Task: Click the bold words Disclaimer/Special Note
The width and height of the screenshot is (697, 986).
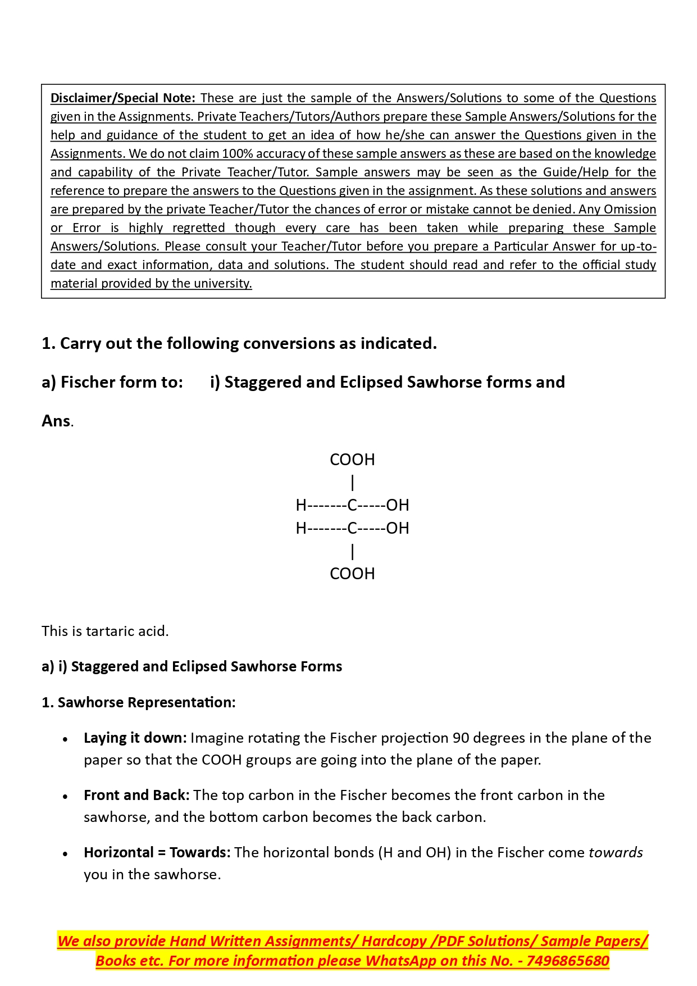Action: pos(122,98)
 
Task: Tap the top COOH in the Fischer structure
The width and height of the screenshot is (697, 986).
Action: pos(352,460)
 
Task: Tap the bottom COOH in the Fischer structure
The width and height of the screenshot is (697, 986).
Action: pos(352,574)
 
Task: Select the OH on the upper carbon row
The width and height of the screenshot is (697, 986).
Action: pos(398,505)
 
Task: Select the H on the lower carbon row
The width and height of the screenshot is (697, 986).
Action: pos(301,528)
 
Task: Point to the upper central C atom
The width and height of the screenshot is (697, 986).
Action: pos(352,505)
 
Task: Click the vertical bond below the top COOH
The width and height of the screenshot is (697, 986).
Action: pos(352,483)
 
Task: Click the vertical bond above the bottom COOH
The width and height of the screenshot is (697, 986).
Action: pos(352,552)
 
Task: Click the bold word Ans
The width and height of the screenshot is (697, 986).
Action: pos(56,421)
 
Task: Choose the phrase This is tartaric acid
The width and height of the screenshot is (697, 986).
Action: pos(105,631)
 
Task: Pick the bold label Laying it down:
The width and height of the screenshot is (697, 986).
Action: pos(135,738)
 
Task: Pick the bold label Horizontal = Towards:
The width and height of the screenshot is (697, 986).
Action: pos(157,852)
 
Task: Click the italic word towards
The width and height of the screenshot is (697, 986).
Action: pos(615,852)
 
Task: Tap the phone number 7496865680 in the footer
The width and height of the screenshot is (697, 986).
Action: pos(568,961)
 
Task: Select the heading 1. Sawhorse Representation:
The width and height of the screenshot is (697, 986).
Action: pos(139,702)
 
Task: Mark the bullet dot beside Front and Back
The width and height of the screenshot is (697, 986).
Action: pos(66,796)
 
